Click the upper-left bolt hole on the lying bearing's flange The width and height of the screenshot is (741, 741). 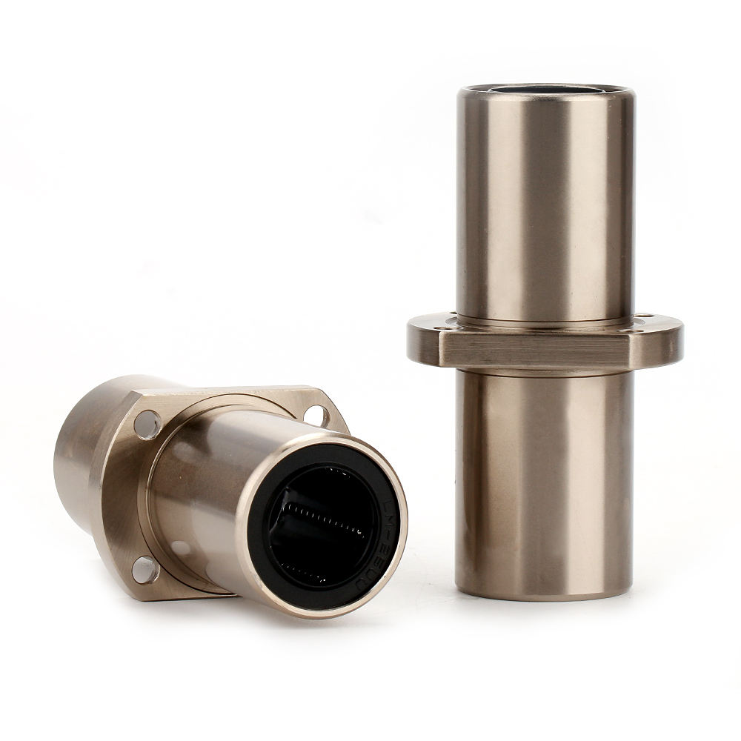coord(147,424)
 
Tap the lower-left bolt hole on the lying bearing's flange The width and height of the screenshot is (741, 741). coord(145,569)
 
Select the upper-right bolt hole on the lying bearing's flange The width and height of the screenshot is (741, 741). coord(317,413)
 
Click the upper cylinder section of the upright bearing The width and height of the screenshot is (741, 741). coord(545,207)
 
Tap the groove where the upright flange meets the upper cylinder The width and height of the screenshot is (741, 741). coord(545,322)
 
